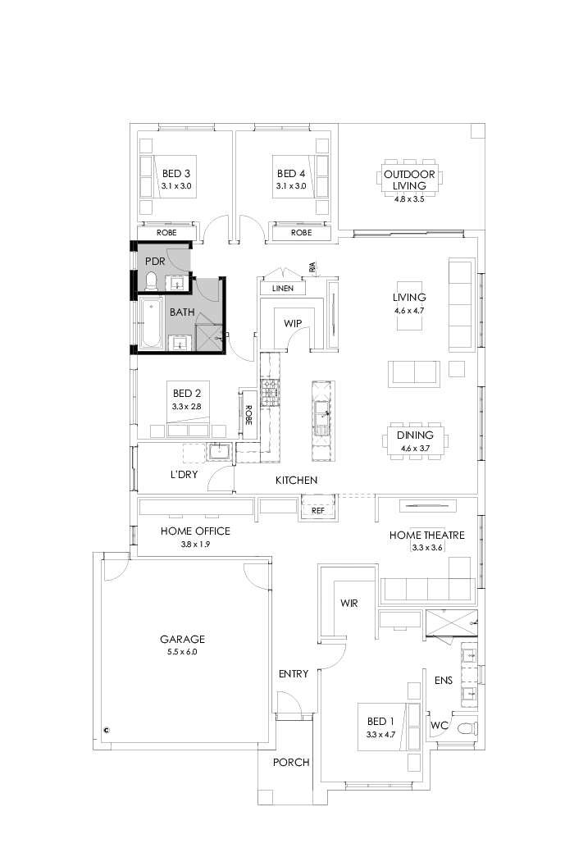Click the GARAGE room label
182,639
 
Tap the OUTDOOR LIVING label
409,180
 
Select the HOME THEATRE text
426,536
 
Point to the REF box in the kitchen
319,510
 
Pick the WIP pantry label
293,323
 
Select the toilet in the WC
466,727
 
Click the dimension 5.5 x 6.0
182,652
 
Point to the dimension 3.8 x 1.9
195,544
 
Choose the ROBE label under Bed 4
301,233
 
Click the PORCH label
291,762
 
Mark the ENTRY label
293,674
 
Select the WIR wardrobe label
350,603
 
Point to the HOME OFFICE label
195,531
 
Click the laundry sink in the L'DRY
220,452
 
